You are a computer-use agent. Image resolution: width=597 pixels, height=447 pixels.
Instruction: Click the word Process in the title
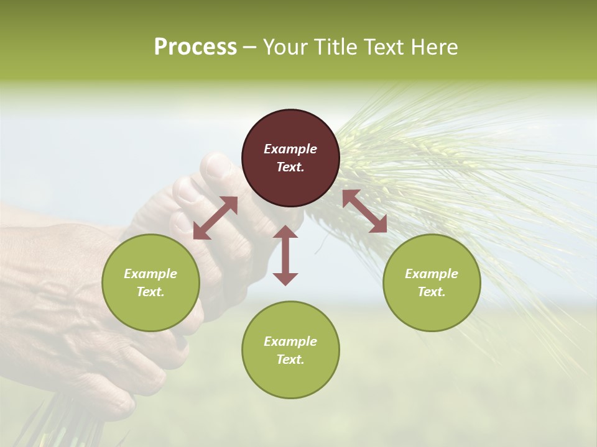[x=195, y=47]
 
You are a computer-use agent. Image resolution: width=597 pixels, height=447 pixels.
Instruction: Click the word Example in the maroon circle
[x=290, y=149]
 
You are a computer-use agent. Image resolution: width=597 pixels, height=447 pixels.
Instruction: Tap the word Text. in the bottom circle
[x=290, y=359]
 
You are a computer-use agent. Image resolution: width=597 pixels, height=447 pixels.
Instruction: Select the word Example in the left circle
[x=150, y=274]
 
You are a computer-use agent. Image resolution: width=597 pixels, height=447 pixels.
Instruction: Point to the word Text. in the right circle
[x=432, y=292]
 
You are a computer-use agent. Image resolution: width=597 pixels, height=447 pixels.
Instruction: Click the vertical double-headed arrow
[x=285, y=255]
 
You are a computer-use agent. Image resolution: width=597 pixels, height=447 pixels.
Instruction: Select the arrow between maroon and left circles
[x=216, y=218]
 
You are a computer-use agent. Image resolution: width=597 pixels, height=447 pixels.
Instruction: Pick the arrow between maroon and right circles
[x=364, y=211]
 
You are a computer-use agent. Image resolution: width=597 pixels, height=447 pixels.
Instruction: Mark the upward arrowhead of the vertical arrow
[x=285, y=232]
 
